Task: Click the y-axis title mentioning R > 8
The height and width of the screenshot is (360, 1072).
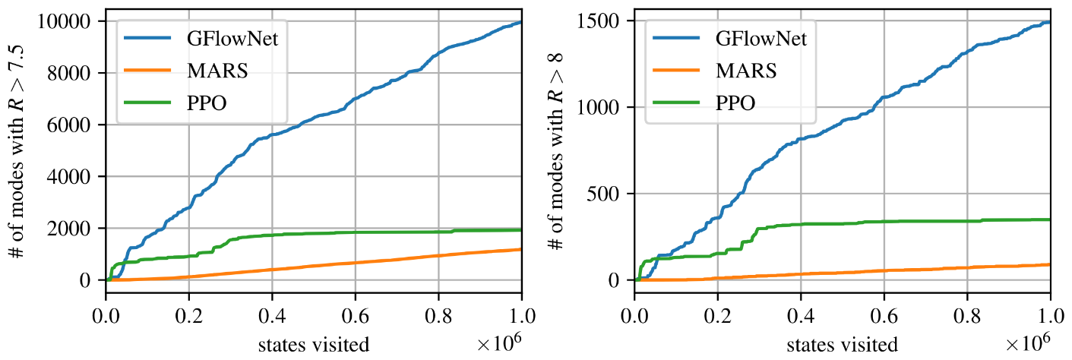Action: pyautogui.click(x=555, y=151)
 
